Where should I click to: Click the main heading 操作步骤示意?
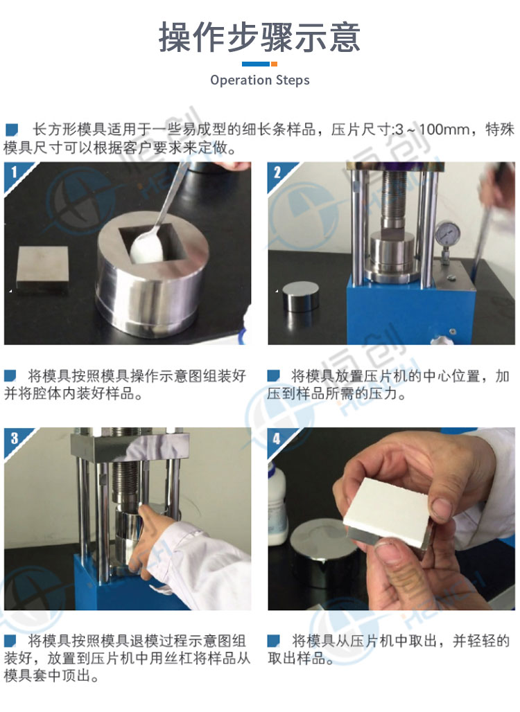tap(259, 37)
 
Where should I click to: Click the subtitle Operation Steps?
tap(259, 80)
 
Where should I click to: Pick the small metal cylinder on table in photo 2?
tap(300, 295)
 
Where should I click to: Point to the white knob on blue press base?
tap(440, 339)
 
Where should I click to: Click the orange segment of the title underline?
tap(274, 64)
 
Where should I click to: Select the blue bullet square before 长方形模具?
tap(11, 130)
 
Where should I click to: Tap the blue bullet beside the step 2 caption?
tap(273, 375)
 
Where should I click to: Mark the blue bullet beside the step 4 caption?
tap(273, 641)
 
